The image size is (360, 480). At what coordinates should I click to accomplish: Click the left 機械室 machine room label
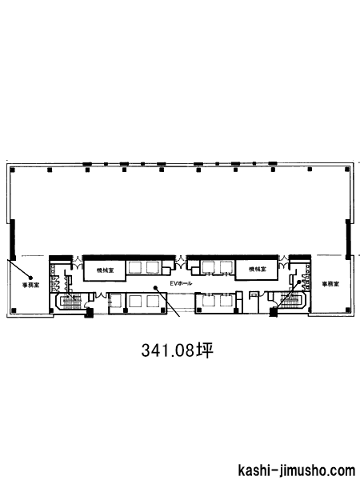pyautogui.click(x=104, y=270)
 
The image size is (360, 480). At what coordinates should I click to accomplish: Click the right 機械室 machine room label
pyautogui.click(x=257, y=270)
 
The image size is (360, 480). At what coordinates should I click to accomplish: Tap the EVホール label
pyautogui.click(x=181, y=283)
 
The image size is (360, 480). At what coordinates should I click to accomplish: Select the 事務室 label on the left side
pyautogui.click(x=30, y=285)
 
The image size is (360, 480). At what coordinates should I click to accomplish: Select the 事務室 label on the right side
pyautogui.click(x=330, y=284)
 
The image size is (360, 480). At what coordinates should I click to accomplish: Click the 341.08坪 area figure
pyautogui.click(x=177, y=350)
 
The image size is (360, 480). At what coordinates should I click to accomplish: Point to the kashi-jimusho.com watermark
pyautogui.click(x=296, y=470)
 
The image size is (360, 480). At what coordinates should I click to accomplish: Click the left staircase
pyautogui.click(x=72, y=300)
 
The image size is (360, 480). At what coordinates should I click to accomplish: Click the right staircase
pyautogui.click(x=291, y=300)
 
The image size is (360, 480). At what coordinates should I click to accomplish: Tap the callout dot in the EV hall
pyautogui.click(x=155, y=287)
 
